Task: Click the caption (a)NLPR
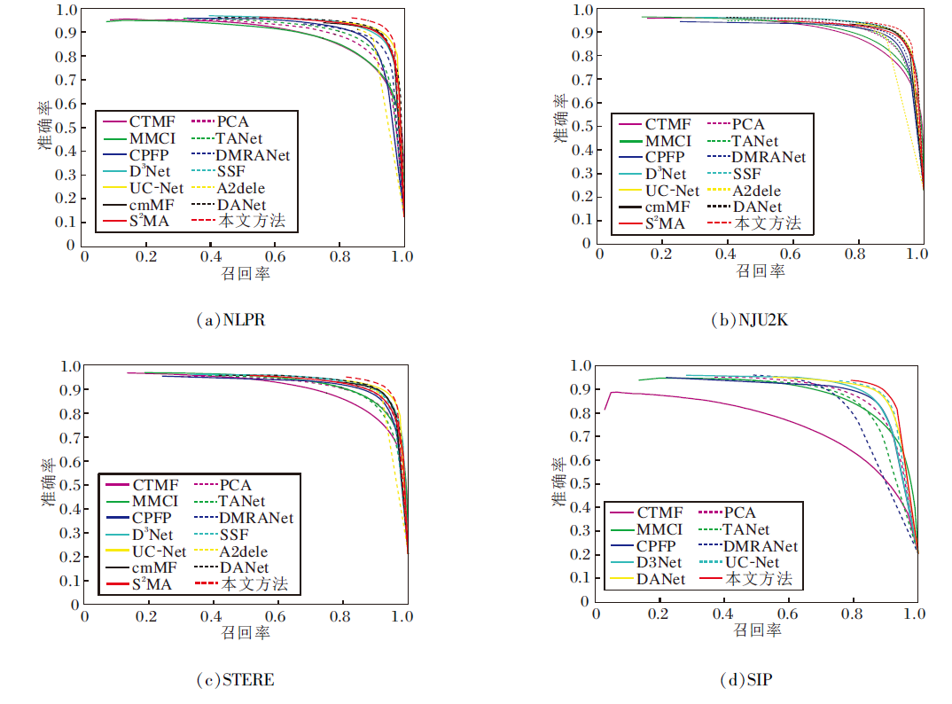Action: pos(230,321)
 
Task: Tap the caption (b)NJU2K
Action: pos(750,321)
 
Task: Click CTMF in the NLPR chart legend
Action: pos(152,121)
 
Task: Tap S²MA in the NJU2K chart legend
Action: pos(664,223)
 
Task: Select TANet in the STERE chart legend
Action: pos(241,501)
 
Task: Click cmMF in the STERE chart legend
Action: pos(153,567)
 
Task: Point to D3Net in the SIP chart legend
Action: pos(659,562)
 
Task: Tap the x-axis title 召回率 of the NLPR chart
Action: pos(246,273)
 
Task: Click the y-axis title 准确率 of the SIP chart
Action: pos(558,481)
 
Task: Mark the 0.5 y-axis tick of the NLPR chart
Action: pos(66,127)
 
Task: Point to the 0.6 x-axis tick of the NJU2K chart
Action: pos(790,254)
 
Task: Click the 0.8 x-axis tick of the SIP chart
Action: pos(852,614)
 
